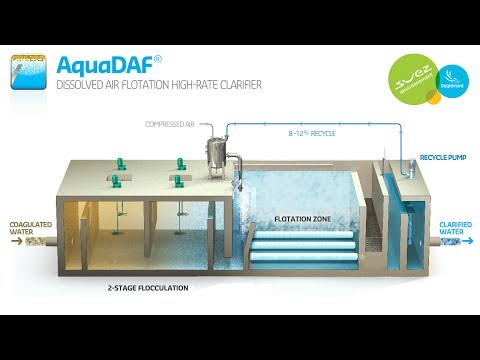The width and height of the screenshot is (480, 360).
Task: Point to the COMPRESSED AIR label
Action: [x=169, y=123]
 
